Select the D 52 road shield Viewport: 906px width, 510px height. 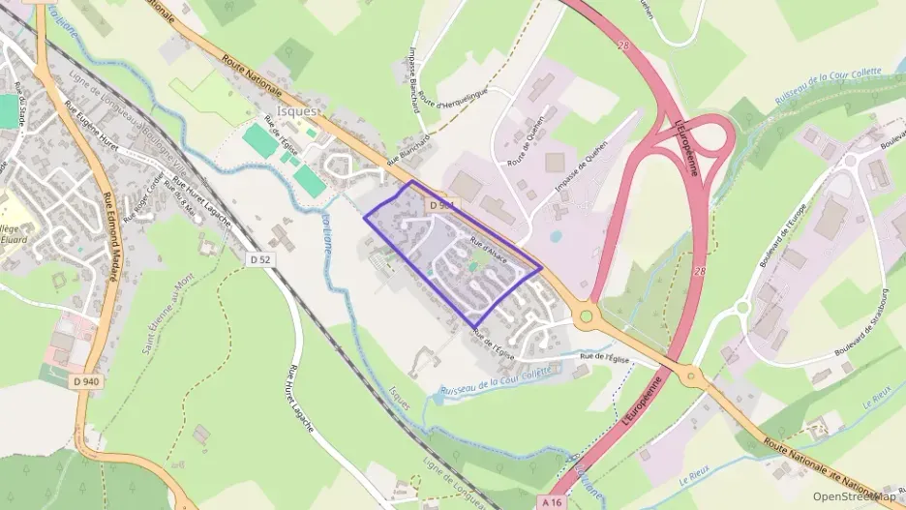point(258,259)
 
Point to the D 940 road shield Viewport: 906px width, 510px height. point(86,381)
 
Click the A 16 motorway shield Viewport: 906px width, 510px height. point(552,501)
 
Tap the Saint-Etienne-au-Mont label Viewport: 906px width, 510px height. point(163,318)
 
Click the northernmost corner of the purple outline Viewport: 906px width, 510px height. point(412,181)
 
